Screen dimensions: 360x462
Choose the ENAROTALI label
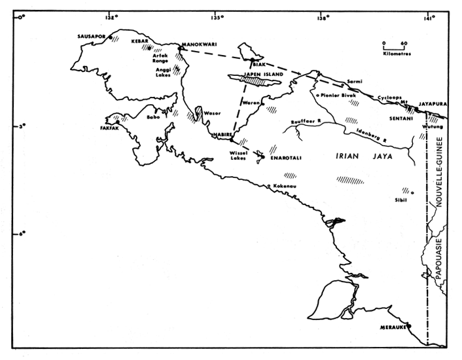tap(283, 158)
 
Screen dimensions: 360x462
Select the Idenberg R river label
tap(370, 136)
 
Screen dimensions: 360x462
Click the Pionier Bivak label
tap(338, 96)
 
